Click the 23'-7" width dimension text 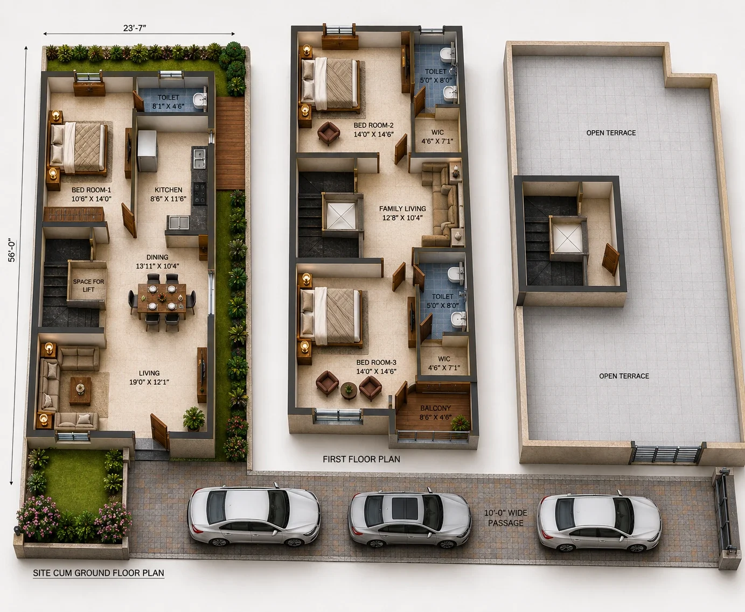click(x=135, y=28)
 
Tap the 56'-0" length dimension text click(x=12, y=251)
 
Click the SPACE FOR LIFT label click(x=88, y=285)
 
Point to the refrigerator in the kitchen click(x=147, y=151)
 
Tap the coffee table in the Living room click(x=81, y=391)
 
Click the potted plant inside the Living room click(x=193, y=419)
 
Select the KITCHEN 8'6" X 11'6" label click(x=168, y=194)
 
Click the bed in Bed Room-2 click(x=331, y=84)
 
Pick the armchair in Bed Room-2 click(x=329, y=133)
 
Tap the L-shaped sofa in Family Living click(x=442, y=204)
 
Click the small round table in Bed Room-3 click(x=349, y=390)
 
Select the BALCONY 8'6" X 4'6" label click(x=436, y=413)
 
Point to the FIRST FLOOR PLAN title click(x=361, y=459)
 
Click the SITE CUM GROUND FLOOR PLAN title click(x=99, y=573)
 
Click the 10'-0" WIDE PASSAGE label click(x=505, y=518)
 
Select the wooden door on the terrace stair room click(x=611, y=259)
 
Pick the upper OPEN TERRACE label click(x=611, y=133)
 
